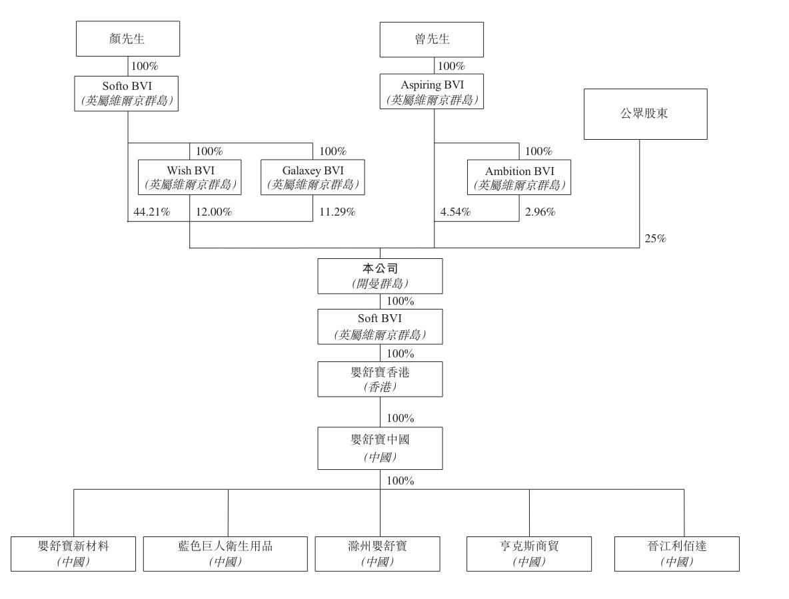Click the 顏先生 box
click(x=128, y=39)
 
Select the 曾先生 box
click(x=432, y=40)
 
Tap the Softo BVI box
click(x=127, y=93)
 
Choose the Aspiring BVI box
click(x=432, y=91)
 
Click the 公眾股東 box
click(x=646, y=114)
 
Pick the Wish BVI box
click(x=190, y=178)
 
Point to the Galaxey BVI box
click(x=313, y=178)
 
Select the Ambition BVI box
click(x=519, y=178)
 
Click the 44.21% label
click(x=151, y=212)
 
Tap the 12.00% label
click(x=214, y=212)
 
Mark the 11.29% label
click(x=337, y=212)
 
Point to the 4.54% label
click(x=455, y=212)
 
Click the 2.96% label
click(x=540, y=212)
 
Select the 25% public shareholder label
click(x=655, y=239)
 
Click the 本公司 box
click(x=380, y=276)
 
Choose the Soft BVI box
click(x=380, y=327)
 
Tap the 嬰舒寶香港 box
click(x=380, y=379)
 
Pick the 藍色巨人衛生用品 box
click(x=225, y=554)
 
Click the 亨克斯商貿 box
click(x=529, y=554)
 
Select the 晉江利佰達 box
click(x=677, y=554)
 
